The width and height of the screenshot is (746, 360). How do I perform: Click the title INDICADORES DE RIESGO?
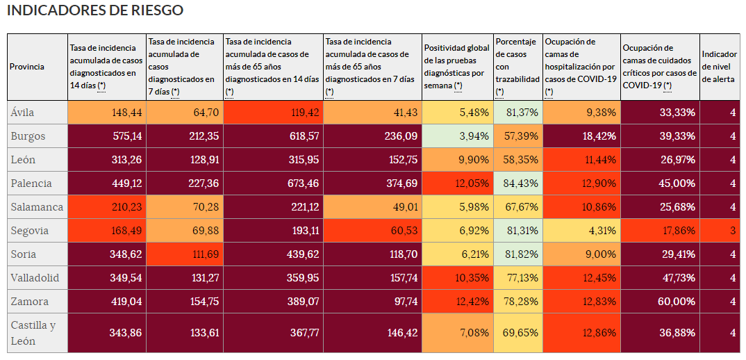(x=95, y=11)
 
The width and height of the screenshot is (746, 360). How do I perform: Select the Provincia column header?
(x=27, y=67)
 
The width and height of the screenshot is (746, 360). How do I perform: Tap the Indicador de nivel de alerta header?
(x=720, y=67)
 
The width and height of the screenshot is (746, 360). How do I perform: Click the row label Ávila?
(x=22, y=113)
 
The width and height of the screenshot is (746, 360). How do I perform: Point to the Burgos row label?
(x=28, y=136)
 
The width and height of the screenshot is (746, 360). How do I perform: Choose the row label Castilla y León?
(x=33, y=333)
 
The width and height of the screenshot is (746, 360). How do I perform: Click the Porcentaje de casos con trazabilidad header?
(x=517, y=67)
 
